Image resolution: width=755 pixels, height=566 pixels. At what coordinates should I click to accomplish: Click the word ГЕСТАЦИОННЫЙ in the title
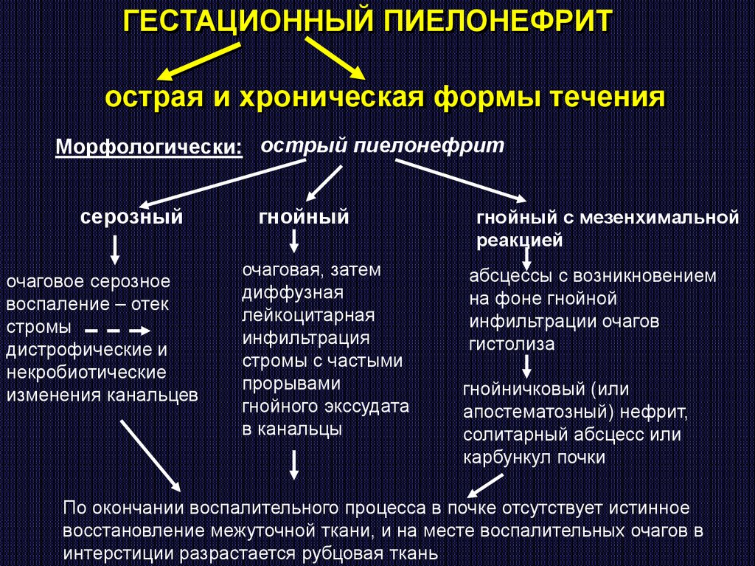246,21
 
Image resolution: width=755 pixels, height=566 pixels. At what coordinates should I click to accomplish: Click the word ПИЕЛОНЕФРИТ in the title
495,21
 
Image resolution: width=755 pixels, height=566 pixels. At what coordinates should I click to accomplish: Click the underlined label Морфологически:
150,146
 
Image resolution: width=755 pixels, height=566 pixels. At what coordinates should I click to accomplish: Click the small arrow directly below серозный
115,253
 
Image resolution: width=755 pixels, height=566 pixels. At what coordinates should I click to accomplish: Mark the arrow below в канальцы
293,464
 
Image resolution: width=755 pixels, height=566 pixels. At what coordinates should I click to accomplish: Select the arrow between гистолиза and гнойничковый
527,366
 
